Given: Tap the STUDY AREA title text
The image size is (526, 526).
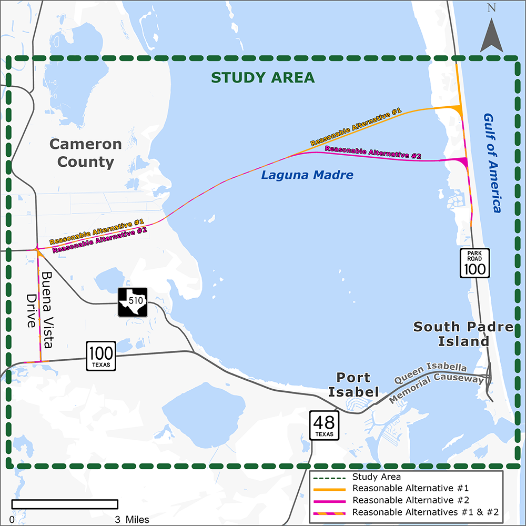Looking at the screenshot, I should pos(262,78).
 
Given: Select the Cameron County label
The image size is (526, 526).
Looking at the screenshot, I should pos(86,153).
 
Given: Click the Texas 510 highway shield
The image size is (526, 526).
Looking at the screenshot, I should pos(132,302).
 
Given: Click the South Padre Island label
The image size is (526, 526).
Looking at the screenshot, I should pos(463,334).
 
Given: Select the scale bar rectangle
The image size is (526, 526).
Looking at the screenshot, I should pos(64,504).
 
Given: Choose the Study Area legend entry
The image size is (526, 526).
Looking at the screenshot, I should pos(377,477).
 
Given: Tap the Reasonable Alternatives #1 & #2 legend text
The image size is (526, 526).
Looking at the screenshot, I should pos(425,512).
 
